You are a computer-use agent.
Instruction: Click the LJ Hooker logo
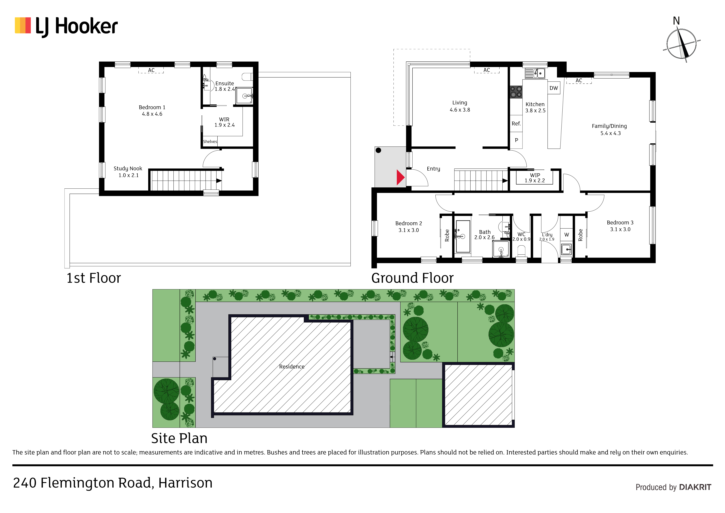click(x=66, y=26)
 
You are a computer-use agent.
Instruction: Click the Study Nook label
click(x=128, y=172)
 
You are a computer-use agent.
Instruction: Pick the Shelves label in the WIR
click(x=210, y=142)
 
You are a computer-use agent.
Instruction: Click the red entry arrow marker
click(x=400, y=177)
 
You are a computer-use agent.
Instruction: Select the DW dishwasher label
click(x=553, y=88)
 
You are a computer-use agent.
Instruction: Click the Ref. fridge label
click(x=516, y=123)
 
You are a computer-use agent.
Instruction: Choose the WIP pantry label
click(x=535, y=178)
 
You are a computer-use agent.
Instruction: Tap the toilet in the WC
click(x=521, y=252)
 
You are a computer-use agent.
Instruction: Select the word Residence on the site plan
click(x=292, y=367)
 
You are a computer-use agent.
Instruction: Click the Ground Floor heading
click(x=412, y=278)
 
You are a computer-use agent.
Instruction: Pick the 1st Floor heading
click(x=93, y=278)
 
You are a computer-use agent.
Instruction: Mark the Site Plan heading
click(x=179, y=438)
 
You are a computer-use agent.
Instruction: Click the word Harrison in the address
click(x=185, y=483)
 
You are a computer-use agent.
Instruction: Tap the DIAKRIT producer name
click(x=695, y=487)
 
